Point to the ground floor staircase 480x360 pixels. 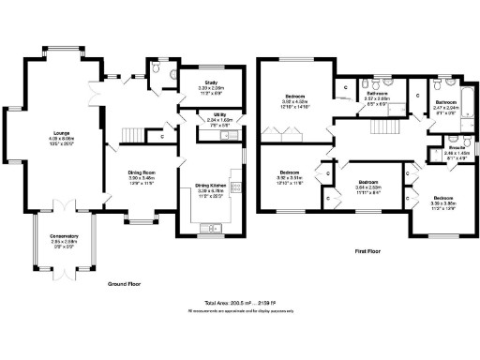tap(134, 139)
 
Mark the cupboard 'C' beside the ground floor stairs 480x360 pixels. tap(162, 137)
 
